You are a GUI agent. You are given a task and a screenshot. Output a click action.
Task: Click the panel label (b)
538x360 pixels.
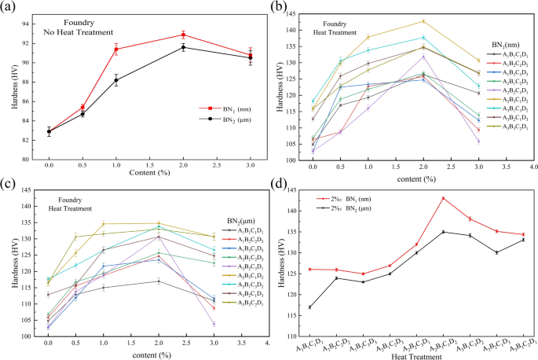tap(280, 8)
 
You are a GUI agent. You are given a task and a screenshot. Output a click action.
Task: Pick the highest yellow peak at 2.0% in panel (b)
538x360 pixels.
tap(423, 21)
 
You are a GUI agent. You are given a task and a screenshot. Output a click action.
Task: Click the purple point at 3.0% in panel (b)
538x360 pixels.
tap(478, 141)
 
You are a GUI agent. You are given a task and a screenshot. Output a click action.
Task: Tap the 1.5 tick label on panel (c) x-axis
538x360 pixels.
tap(130, 345)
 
